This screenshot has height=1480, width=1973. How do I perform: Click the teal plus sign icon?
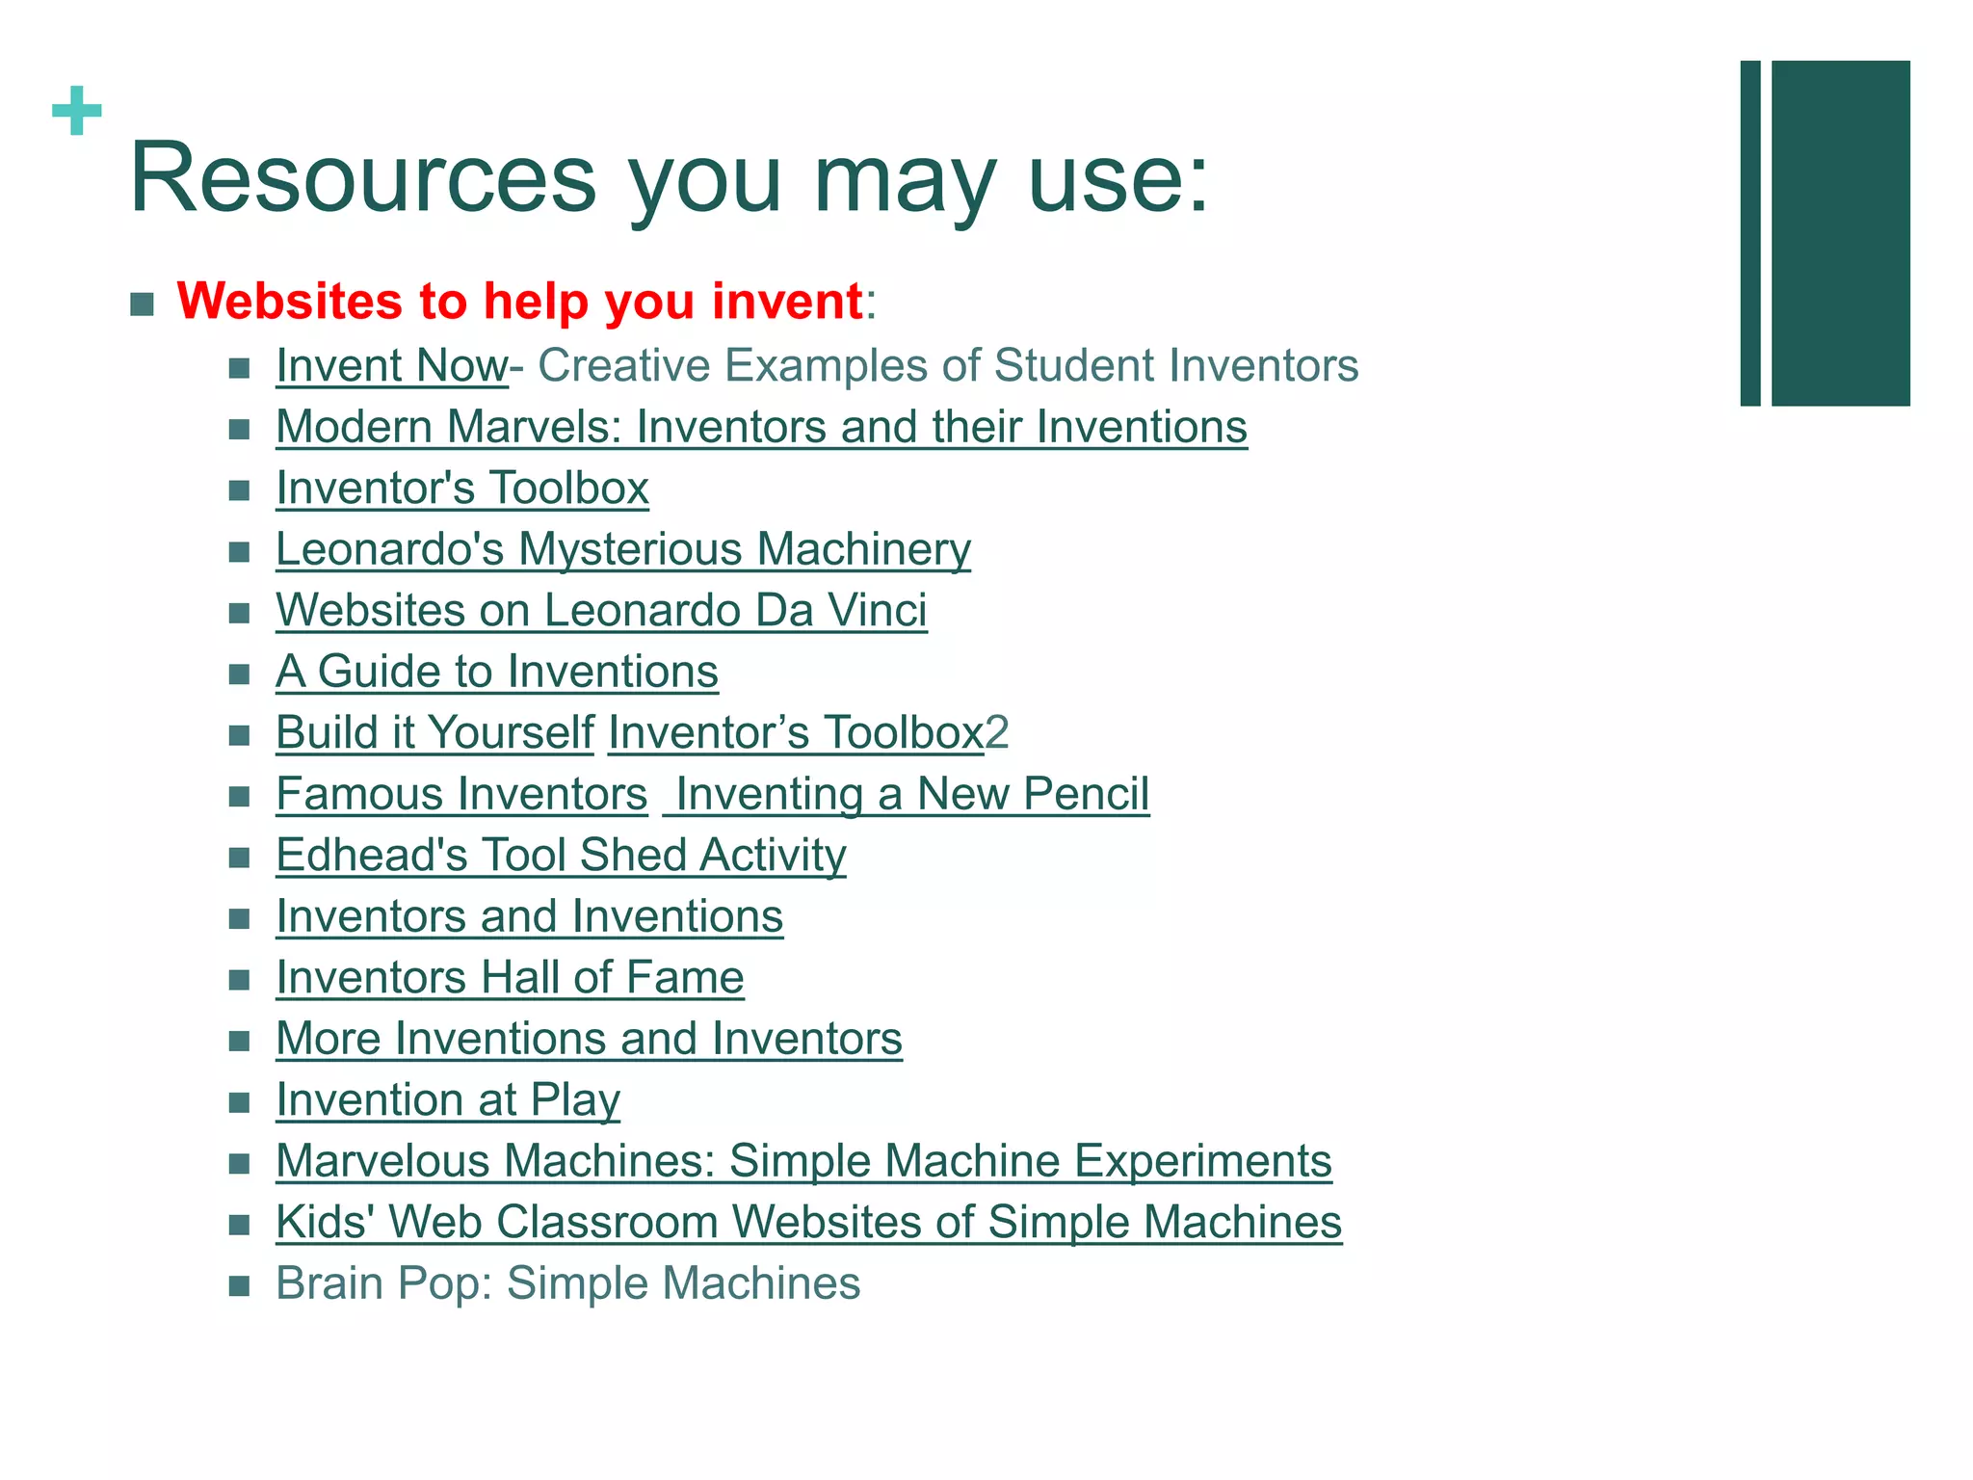point(77,111)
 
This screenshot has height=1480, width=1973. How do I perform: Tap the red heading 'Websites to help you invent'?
point(520,302)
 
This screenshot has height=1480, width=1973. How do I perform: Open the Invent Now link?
point(391,366)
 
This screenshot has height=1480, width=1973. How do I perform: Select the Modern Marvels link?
point(761,427)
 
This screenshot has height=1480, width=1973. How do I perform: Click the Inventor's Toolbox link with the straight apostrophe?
point(462,489)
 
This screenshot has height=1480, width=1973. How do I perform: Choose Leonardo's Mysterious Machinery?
point(623,549)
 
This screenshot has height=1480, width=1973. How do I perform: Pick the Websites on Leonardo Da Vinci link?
point(601,611)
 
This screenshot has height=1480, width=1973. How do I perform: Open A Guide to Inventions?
point(497,672)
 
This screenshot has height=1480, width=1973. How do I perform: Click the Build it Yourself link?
point(435,733)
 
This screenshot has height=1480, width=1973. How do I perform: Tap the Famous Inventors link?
point(461,795)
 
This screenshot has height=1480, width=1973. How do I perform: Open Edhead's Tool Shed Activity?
point(561,856)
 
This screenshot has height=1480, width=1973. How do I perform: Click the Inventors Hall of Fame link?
point(510,978)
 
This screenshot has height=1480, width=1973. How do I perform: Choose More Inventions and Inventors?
point(589,1039)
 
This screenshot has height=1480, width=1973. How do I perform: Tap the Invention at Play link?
point(448,1100)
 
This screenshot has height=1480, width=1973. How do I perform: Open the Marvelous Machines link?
point(803,1161)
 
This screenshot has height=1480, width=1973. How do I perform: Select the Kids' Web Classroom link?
point(808,1223)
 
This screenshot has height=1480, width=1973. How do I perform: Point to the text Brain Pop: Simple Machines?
point(567,1283)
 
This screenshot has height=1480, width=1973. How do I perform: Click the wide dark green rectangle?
point(1840,233)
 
